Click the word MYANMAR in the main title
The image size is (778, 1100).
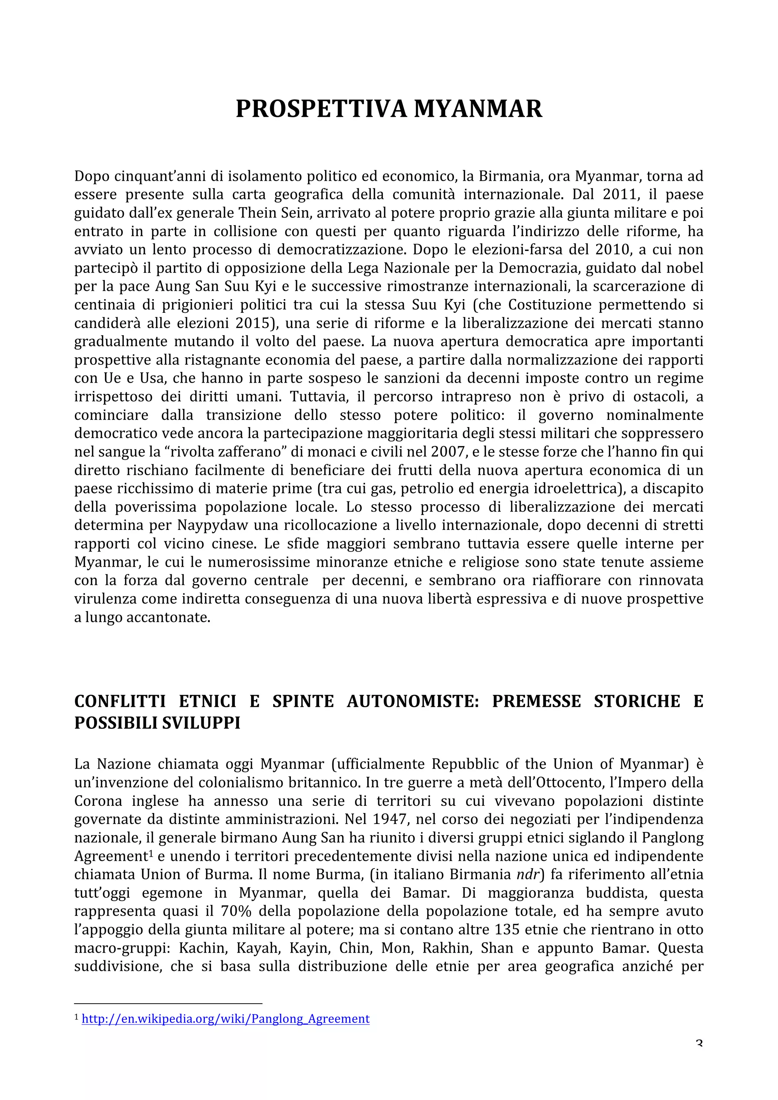click(478, 109)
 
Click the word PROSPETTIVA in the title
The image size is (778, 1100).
click(321, 109)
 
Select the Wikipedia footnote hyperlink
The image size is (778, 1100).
click(225, 1019)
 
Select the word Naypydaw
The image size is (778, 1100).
click(212, 526)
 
